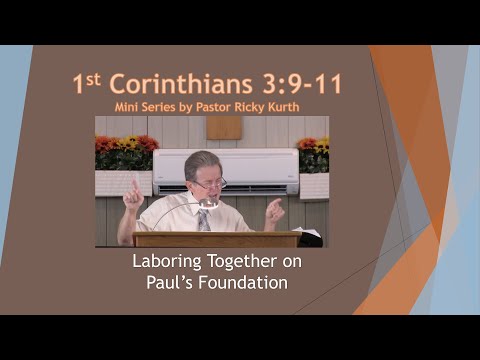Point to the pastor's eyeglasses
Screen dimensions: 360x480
(x=211, y=184)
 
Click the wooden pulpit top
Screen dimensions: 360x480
(x=214, y=237)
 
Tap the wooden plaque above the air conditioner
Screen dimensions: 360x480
(x=224, y=128)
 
